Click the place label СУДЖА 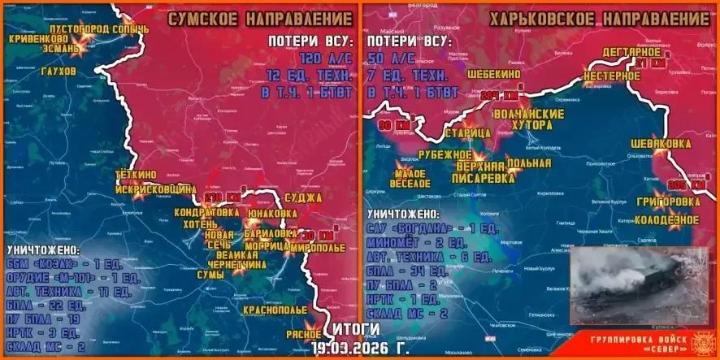click(304, 197)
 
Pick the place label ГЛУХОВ click(56, 72)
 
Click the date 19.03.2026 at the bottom click(350, 347)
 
